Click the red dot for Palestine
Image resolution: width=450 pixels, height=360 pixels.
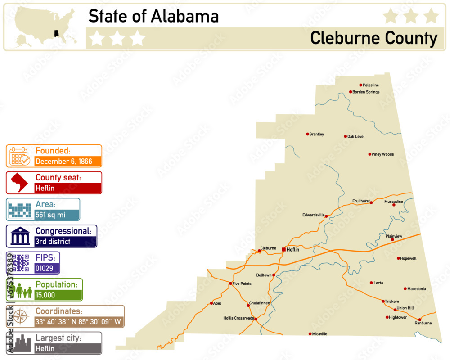[x=360, y=85]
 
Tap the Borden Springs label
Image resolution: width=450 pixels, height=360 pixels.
[x=366, y=92]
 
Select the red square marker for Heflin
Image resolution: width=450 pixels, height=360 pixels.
[x=283, y=249]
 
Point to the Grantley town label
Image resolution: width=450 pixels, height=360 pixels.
[x=316, y=135]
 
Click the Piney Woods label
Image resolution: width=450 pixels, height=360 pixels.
[x=382, y=154]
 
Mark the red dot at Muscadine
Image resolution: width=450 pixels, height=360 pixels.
[x=394, y=205]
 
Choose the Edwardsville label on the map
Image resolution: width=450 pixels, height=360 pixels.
[x=313, y=215]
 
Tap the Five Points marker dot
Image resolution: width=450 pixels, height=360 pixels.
[x=230, y=283]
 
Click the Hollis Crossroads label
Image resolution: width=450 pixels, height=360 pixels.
[x=238, y=318]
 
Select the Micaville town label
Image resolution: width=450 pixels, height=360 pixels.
[x=319, y=334]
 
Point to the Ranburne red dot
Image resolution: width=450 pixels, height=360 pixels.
[x=420, y=319]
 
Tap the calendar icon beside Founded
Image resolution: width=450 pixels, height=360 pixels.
[x=19, y=156]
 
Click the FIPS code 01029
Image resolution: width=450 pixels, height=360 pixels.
[x=44, y=268]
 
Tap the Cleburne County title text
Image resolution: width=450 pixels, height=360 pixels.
[x=373, y=39]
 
